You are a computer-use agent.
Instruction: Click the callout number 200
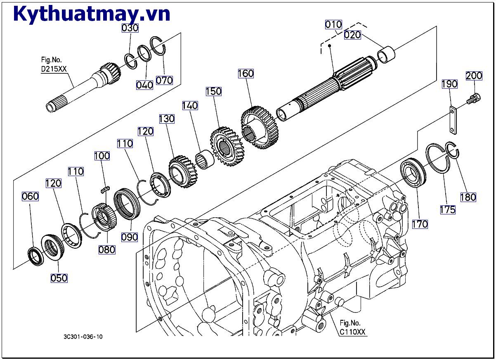coord(474,75)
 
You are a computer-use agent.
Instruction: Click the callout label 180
coord(468,197)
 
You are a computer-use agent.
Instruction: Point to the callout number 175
coord(447,209)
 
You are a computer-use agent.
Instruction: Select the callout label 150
coord(213,91)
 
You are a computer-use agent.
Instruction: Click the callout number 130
coord(167,119)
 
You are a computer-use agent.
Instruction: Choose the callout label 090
coord(130,238)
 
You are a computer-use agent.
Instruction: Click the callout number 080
coord(107,249)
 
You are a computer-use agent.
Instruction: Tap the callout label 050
coord(59,278)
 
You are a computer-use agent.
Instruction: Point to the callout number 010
coord(333,25)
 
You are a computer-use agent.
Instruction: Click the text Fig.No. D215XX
coord(54,64)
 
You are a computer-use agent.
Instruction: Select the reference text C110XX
coord(352,332)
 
